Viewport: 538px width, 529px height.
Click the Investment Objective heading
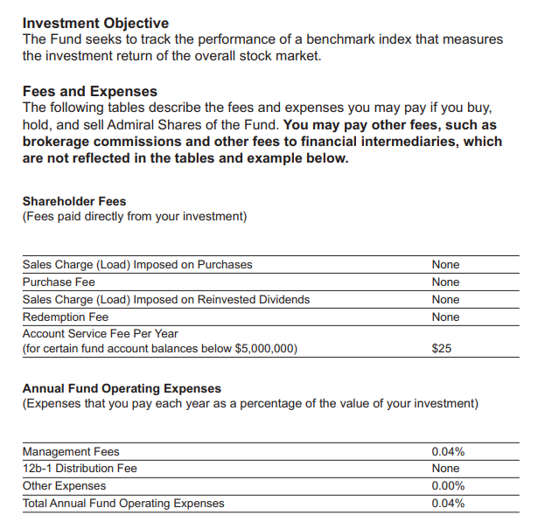95,23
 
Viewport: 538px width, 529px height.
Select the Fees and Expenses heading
90,91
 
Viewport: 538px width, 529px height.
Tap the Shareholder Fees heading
74,201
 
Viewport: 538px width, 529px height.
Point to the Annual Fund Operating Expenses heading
122,388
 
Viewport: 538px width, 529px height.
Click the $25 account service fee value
442,349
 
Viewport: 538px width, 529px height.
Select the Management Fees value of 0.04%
448,452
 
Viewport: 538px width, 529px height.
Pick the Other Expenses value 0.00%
448,486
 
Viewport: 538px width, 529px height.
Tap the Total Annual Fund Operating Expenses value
448,503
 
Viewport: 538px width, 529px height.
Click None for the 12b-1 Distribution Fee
445,469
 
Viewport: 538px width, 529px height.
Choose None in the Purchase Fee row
445,282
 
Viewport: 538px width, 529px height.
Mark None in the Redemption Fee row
445,317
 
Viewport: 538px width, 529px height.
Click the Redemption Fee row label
66,317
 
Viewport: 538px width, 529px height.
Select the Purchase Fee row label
59,282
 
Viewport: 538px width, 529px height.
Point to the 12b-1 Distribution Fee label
80,469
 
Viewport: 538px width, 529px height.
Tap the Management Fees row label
71,452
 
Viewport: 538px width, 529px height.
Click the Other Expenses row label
64,486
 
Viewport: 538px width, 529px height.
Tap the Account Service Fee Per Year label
100,334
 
